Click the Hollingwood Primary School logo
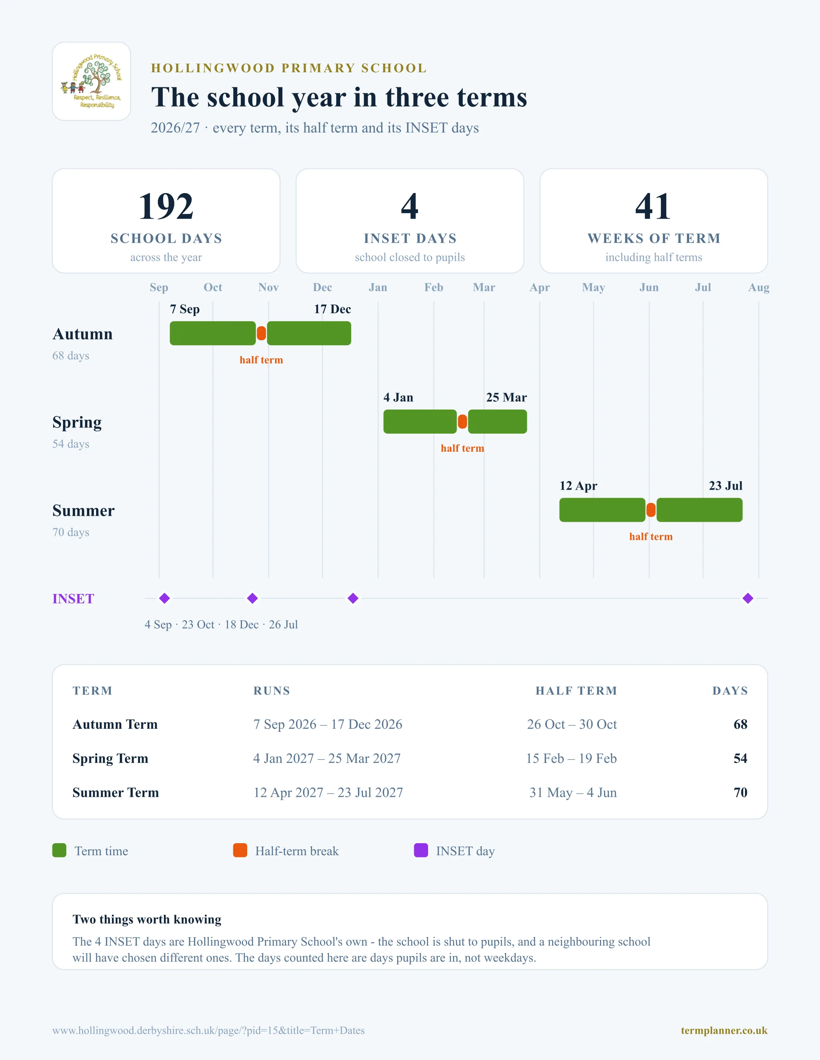91,81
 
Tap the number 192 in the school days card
166,206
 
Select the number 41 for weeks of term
653,206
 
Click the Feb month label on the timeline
434,287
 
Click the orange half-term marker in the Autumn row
262,334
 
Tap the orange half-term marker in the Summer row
651,510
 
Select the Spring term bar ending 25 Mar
497,422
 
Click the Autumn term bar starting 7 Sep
213,334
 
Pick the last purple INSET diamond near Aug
748,599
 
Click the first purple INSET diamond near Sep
165,599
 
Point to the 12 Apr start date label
578,486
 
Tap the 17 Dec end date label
332,309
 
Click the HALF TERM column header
576,691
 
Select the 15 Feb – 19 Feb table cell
571,758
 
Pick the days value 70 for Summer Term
740,793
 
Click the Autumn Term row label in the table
115,724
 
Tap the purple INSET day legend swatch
421,850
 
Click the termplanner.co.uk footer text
724,1030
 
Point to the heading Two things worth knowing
147,919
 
